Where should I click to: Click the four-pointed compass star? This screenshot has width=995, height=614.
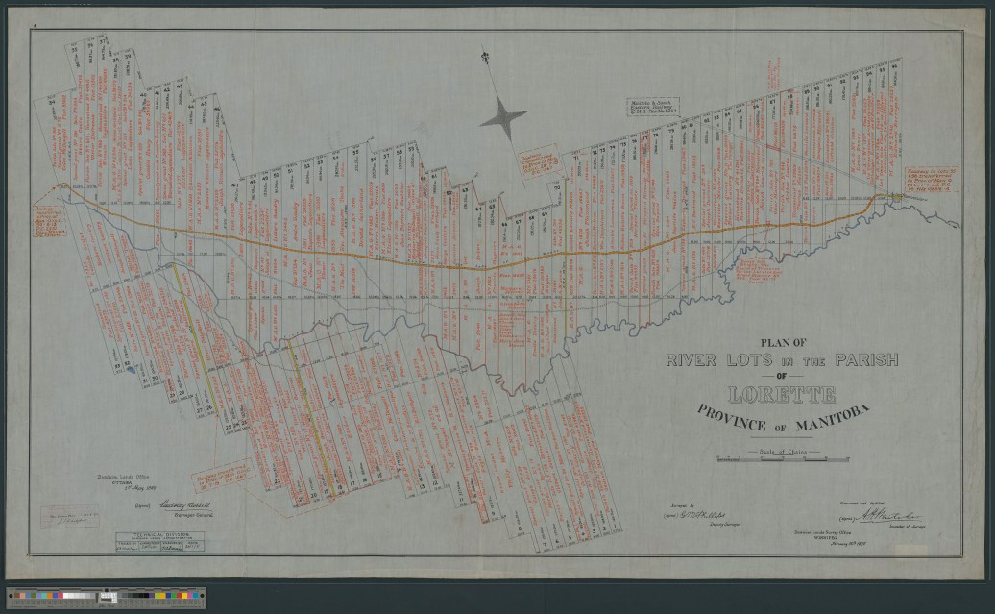click(x=503, y=118)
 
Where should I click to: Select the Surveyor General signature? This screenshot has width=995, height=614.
click(x=193, y=503)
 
